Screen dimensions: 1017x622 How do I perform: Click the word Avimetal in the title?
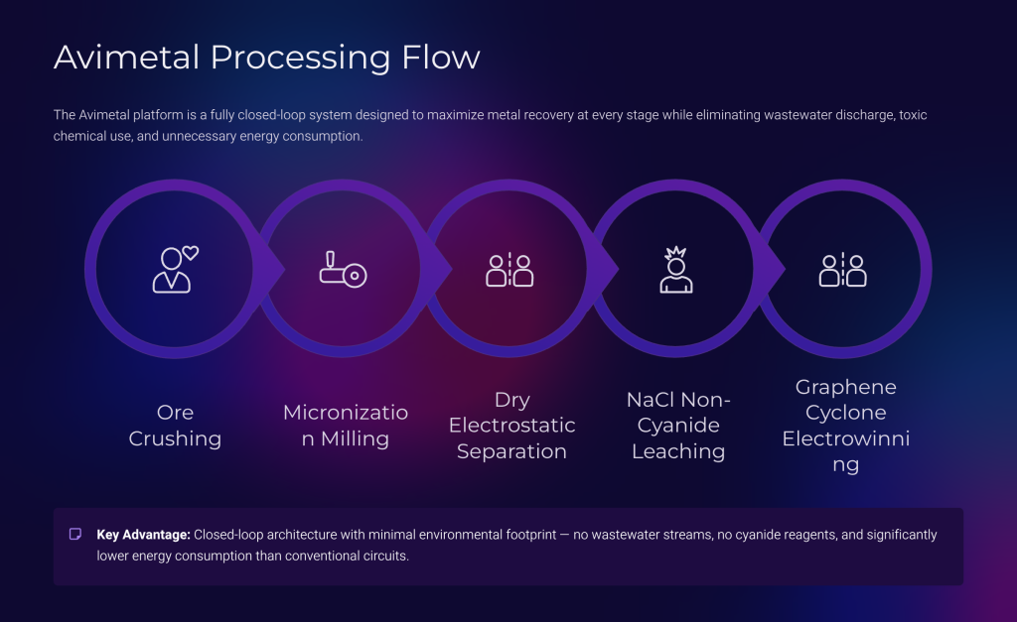(x=127, y=57)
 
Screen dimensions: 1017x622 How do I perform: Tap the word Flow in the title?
(x=441, y=57)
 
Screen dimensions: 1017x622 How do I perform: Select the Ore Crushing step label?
(x=175, y=425)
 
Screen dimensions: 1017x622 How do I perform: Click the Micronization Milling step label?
(x=346, y=425)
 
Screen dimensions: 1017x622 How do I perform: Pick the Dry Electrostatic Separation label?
(x=511, y=425)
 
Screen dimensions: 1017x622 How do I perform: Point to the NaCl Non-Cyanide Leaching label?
(x=678, y=425)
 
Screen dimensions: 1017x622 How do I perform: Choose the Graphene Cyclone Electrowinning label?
(x=846, y=425)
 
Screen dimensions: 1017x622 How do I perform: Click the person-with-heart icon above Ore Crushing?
(x=175, y=270)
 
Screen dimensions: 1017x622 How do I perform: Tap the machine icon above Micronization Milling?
(x=343, y=269)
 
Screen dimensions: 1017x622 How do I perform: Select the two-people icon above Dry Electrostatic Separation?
(x=509, y=270)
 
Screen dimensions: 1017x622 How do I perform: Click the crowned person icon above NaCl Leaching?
(x=676, y=270)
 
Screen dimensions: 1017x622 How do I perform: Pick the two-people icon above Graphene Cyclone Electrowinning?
(x=842, y=270)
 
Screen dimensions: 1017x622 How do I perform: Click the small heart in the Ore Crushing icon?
(x=190, y=253)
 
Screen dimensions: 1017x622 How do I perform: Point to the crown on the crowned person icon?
(x=675, y=252)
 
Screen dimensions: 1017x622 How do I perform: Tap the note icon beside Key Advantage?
(x=75, y=534)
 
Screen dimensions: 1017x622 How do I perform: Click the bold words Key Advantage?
(x=143, y=535)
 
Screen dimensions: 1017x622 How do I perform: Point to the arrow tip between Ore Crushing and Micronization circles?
(x=284, y=269)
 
